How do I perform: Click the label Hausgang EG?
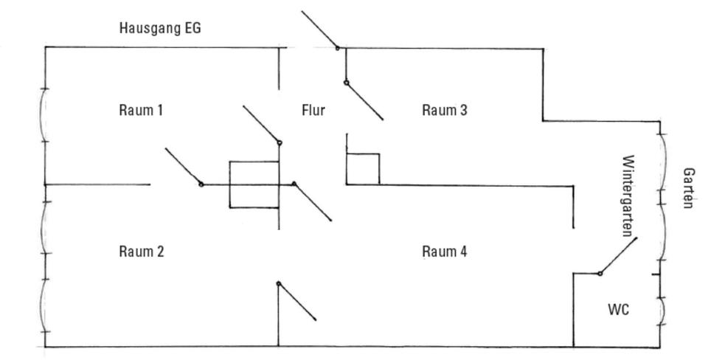(160, 28)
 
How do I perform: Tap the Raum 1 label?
(141, 110)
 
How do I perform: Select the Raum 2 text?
(142, 251)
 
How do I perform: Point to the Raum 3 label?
(444, 110)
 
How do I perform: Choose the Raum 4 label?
(444, 251)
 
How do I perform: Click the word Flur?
(313, 110)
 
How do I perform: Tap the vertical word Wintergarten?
(628, 196)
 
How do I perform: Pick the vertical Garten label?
(687, 188)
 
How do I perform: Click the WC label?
(618, 309)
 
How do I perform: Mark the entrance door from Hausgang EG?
(319, 30)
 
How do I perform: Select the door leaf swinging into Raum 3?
(364, 101)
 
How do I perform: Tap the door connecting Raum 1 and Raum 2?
(184, 167)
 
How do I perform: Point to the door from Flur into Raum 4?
(313, 202)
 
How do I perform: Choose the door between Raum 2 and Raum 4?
(296, 301)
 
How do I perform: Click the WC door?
(618, 256)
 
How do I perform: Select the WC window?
(662, 311)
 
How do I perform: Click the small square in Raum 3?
(363, 170)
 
